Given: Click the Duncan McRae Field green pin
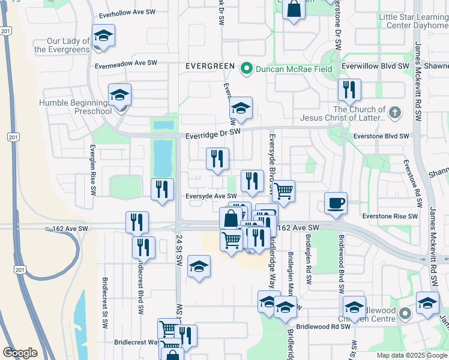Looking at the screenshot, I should [246, 69].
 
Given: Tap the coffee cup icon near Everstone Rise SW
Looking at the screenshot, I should [336, 202].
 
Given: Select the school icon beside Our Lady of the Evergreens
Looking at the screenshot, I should [103, 35].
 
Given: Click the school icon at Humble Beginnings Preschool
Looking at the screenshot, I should [119, 94].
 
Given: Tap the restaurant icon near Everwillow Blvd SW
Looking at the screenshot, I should [349, 89].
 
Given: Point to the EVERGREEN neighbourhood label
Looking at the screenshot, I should [209, 66].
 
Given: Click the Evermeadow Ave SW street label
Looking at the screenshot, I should [125, 63].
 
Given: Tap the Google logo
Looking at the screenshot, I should [20, 353].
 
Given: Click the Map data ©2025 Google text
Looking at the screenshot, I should [411, 355].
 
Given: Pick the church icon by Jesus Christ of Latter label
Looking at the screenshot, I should [394, 112].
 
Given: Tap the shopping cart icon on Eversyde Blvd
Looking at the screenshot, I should [283, 191].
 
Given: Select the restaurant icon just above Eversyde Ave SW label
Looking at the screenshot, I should [252, 181].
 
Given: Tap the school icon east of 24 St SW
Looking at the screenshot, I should [199, 266].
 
